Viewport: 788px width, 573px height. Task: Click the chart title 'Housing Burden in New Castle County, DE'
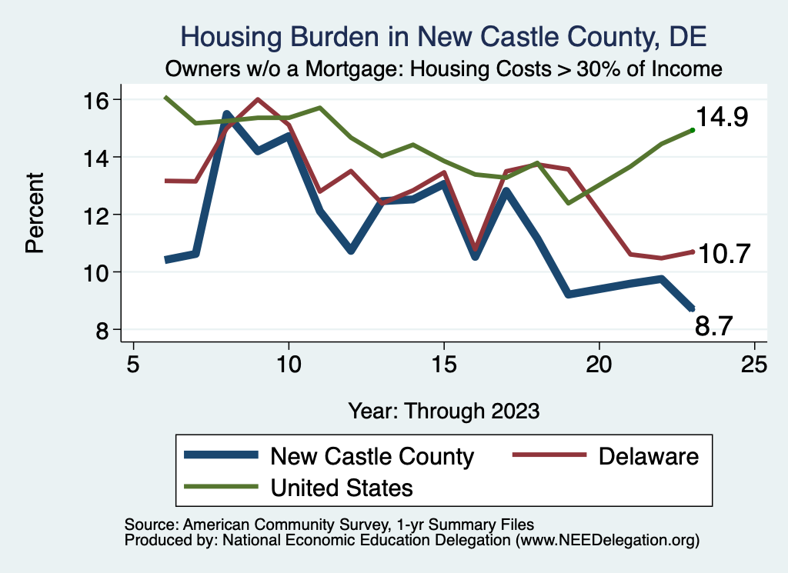click(442, 36)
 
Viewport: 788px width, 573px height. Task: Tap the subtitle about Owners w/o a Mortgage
click(443, 68)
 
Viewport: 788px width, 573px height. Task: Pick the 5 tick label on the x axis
click(133, 363)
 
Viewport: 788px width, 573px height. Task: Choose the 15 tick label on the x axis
click(444, 363)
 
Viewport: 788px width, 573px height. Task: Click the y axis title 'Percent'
click(35, 215)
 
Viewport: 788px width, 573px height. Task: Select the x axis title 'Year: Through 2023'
click(443, 410)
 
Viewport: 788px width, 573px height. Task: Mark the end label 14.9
click(723, 118)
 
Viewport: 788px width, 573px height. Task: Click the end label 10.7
click(723, 254)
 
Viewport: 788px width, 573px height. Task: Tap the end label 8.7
click(714, 327)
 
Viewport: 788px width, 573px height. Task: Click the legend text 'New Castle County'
click(372, 456)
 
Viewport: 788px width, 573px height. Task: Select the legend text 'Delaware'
click(648, 456)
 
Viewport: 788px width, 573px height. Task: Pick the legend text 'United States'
click(342, 487)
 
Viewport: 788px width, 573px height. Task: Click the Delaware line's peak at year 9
click(257, 99)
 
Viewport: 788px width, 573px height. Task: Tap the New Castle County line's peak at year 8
click(227, 114)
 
